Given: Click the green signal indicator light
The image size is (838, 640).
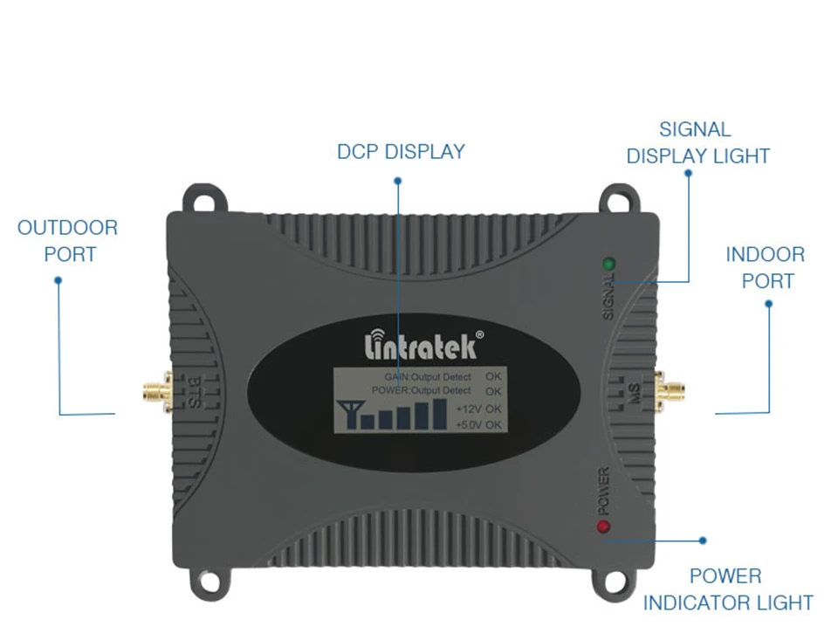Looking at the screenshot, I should click(608, 263).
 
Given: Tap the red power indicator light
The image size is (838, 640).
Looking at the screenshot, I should click(602, 526).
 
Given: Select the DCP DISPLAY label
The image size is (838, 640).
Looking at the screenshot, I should click(401, 152).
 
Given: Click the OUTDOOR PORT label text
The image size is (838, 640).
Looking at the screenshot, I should click(67, 241).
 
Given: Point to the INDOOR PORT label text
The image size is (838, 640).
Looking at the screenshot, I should click(766, 268).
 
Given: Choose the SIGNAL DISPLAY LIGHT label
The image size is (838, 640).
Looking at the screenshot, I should click(697, 143).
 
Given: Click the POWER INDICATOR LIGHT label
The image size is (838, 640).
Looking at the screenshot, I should click(727, 589).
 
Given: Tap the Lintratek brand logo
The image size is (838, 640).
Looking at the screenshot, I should click(421, 345).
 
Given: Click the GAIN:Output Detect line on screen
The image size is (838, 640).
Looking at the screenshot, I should click(428, 376).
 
